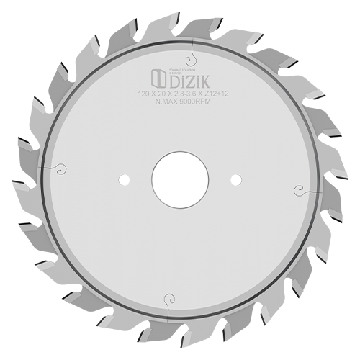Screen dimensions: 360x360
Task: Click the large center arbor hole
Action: tap(180, 179)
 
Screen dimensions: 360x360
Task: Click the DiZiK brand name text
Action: tap(192, 77)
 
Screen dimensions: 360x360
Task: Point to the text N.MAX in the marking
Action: tap(168, 101)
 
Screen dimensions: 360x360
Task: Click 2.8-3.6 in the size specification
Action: tap(179, 94)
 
